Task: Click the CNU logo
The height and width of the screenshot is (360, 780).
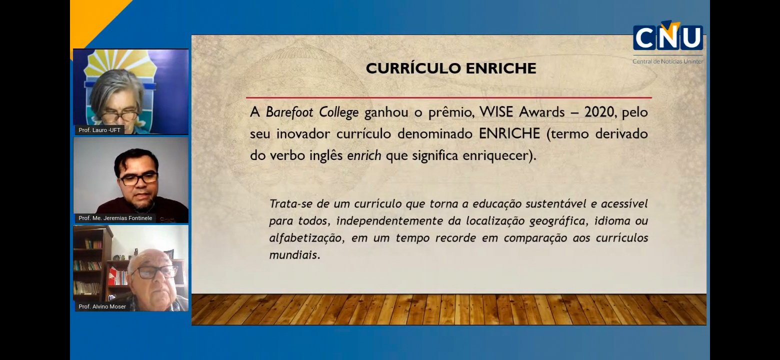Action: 668,36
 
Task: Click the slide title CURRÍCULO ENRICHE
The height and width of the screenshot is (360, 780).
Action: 451,68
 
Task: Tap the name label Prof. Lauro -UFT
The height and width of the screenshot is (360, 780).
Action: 99,130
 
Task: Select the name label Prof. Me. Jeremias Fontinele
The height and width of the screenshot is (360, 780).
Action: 115,218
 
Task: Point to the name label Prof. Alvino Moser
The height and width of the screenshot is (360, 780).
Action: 102,306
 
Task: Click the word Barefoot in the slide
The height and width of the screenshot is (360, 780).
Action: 289,112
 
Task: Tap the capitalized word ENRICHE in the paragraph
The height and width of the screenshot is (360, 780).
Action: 509,133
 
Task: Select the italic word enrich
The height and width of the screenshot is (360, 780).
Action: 364,155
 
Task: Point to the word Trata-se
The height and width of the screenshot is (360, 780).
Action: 290,203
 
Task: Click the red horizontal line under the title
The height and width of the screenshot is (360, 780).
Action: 449,97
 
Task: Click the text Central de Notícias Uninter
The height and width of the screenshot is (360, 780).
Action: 668,61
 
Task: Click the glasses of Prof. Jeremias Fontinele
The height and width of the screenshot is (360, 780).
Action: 138,179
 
